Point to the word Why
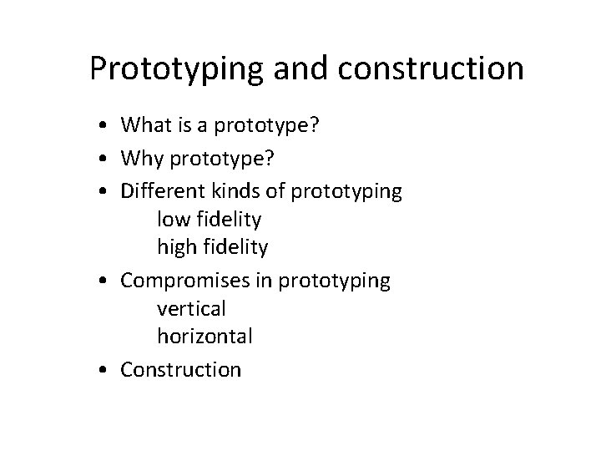(140, 159)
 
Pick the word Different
(162, 191)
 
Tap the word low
(170, 220)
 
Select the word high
(174, 248)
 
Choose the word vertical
(191, 308)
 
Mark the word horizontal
(205, 337)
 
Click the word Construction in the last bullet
(181, 369)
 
